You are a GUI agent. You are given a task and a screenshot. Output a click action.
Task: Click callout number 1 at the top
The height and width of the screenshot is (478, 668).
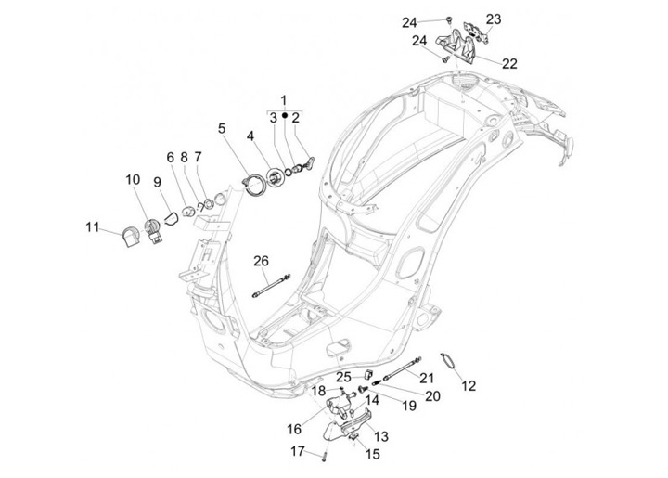(284, 99)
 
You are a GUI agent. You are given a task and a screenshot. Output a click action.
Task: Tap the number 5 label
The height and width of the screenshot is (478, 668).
(222, 127)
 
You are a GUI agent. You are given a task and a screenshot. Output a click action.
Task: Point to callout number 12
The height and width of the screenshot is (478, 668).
(469, 384)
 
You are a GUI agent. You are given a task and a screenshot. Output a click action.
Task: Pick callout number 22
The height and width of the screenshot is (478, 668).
(509, 63)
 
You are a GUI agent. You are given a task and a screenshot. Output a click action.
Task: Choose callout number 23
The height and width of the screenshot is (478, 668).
(493, 19)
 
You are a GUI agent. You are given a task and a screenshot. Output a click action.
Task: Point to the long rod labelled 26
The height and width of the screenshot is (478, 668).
(272, 285)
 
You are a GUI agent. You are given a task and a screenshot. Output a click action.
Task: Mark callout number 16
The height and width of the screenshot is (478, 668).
(293, 429)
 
